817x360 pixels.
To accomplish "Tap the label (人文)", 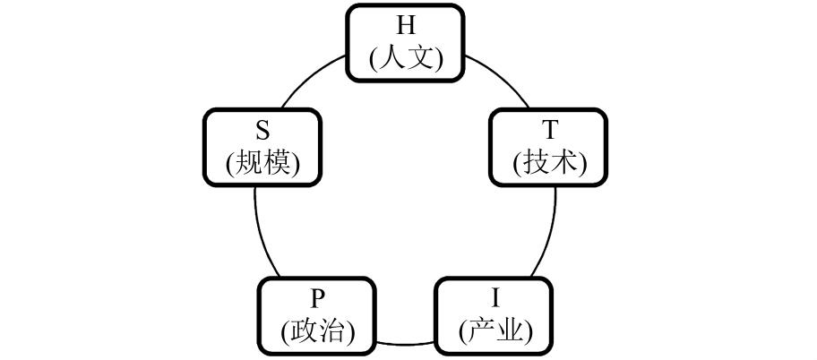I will click(x=406, y=58).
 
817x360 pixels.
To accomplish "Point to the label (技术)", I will click(x=549, y=163).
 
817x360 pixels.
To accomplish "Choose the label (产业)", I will click(x=494, y=331).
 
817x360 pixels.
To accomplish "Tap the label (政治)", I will click(x=318, y=331).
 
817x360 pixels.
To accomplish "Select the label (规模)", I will click(x=262, y=163).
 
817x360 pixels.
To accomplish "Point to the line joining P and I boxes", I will click(x=406, y=343).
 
